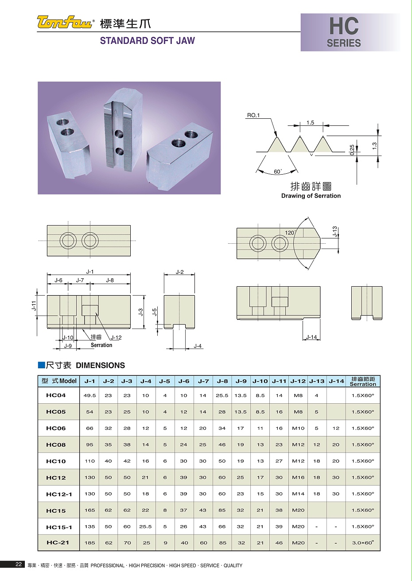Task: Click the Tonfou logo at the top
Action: [x=66, y=22]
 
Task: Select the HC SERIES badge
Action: [x=344, y=32]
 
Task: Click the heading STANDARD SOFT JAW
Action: [x=147, y=41]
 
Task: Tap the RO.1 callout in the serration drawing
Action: [x=253, y=115]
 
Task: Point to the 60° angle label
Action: [x=278, y=172]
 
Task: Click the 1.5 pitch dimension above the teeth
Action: [x=310, y=123]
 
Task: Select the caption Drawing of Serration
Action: [x=311, y=196]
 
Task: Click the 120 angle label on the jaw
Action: [x=289, y=233]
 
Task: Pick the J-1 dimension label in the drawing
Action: [x=90, y=272]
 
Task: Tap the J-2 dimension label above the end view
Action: [x=179, y=272]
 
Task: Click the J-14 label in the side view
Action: [x=311, y=337]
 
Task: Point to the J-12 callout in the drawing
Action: [x=116, y=338]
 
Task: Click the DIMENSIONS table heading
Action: [x=100, y=366]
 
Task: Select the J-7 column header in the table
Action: [x=203, y=381]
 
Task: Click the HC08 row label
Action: [x=56, y=445]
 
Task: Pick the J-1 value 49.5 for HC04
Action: [x=90, y=396]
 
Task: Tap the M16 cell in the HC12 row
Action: [x=298, y=478]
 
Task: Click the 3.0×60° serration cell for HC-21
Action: [x=363, y=543]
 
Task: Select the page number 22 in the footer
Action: [x=19, y=565]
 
